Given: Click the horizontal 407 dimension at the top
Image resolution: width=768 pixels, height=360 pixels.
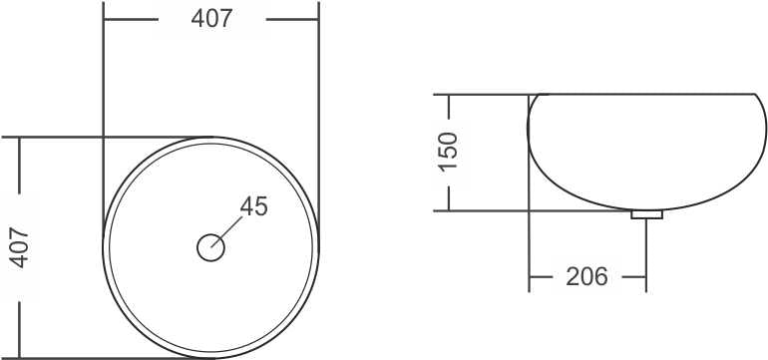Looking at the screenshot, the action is click(211, 19).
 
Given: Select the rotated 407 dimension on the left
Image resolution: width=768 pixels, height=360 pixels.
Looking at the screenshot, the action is click(21, 248).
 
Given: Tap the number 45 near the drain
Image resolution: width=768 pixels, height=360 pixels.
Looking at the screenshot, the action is click(254, 206).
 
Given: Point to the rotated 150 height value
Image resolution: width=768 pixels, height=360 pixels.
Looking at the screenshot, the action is click(449, 152).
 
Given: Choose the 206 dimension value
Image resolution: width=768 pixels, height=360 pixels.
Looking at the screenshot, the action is click(586, 277).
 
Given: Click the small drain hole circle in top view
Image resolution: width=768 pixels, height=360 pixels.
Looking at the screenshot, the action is click(211, 247).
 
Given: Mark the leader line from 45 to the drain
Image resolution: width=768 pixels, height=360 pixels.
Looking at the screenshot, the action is click(226, 232).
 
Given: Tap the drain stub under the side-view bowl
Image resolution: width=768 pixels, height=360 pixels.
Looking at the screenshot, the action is click(646, 214).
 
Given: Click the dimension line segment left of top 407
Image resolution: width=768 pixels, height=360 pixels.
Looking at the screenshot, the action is click(132, 20).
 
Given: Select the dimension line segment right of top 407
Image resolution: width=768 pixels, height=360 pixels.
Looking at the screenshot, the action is click(292, 20).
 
